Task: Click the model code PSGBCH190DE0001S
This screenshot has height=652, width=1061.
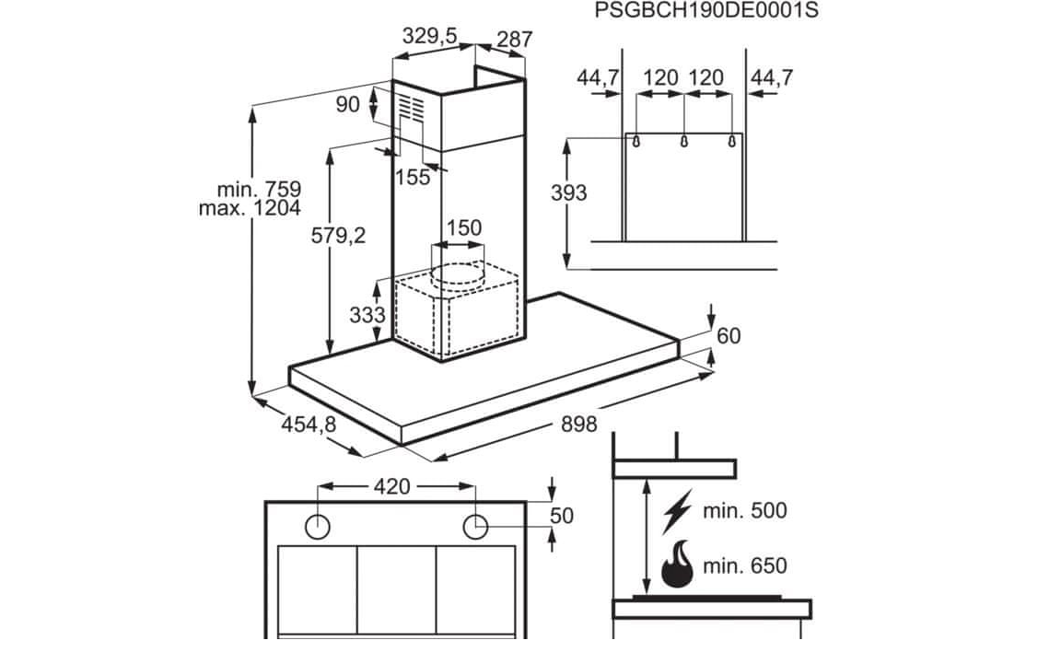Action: point(705,10)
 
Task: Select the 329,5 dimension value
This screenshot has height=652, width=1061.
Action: point(430,35)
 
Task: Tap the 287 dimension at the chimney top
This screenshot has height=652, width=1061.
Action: point(515,40)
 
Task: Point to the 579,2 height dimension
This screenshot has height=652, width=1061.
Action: point(338,235)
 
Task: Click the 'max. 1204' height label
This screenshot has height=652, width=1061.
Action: point(250,208)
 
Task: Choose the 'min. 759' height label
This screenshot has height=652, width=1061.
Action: point(259,189)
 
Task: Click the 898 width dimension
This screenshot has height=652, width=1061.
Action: point(579,424)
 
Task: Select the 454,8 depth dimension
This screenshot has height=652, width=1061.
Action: point(309,424)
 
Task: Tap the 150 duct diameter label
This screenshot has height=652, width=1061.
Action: point(464,227)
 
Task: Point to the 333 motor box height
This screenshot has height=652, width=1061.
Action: point(367,315)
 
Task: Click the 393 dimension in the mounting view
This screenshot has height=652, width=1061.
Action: point(568,192)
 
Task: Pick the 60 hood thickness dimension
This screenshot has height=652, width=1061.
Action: point(729,335)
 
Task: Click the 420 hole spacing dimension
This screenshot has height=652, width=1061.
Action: point(392,486)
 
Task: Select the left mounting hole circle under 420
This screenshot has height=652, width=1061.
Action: point(318,527)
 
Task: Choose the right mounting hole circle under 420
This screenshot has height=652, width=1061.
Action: point(475,527)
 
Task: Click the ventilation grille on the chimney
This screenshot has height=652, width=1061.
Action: point(410,109)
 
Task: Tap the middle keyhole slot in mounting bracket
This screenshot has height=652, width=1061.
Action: point(684,141)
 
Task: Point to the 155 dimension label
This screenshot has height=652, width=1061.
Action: point(413,177)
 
